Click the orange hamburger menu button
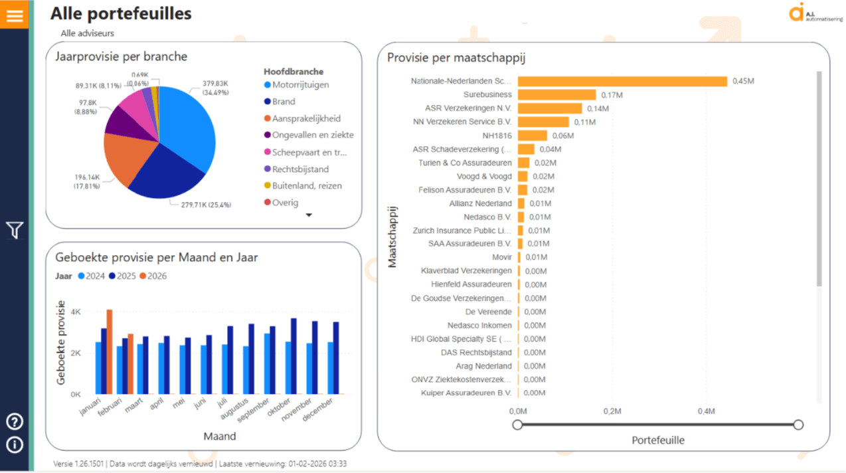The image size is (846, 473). (x=15, y=15)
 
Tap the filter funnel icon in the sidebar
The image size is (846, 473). (x=15, y=230)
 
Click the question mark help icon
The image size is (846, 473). (x=15, y=422)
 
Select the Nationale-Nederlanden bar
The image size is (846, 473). (x=622, y=81)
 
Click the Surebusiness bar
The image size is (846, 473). (x=556, y=95)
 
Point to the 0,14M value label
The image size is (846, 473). (x=598, y=109)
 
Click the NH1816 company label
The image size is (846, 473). (x=497, y=136)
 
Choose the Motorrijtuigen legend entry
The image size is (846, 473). (x=297, y=84)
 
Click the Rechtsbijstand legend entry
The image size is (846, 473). (x=297, y=169)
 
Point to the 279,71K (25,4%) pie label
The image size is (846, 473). (x=207, y=205)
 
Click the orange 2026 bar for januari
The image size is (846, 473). (x=110, y=351)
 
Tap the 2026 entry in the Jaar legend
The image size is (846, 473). (x=153, y=276)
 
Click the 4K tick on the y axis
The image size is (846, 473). (x=76, y=312)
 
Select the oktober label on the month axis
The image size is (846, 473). (x=278, y=407)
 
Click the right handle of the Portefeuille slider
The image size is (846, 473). (x=798, y=425)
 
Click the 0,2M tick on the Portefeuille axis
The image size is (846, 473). (x=612, y=411)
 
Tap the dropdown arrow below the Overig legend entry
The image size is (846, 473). (x=309, y=215)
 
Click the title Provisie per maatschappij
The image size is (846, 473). (x=456, y=58)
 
